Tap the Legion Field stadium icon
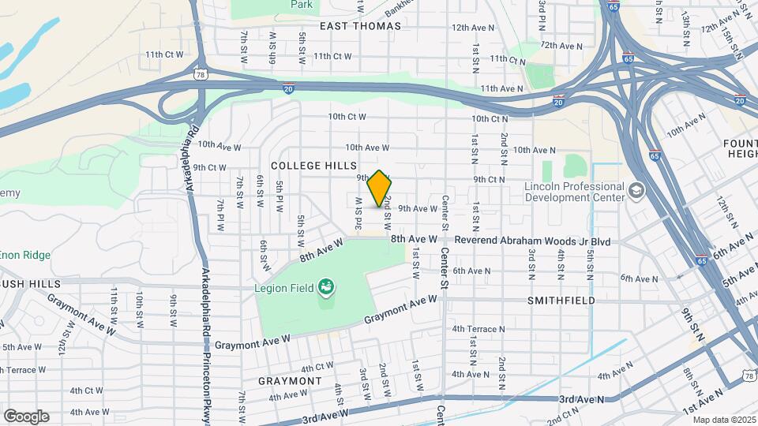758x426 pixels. (x=325, y=287)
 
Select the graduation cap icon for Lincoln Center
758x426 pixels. (x=636, y=191)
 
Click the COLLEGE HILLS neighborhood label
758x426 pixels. (x=307, y=166)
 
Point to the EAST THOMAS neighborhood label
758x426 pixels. (x=360, y=26)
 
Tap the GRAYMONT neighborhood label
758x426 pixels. (x=290, y=381)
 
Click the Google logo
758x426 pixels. (x=26, y=416)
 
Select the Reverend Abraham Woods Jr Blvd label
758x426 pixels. (x=532, y=239)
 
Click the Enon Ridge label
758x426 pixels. (x=25, y=256)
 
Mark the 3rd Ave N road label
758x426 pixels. (x=581, y=400)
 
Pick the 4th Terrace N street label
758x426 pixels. (x=478, y=329)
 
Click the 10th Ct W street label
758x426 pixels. (x=347, y=117)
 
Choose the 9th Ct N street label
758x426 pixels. (x=489, y=180)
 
